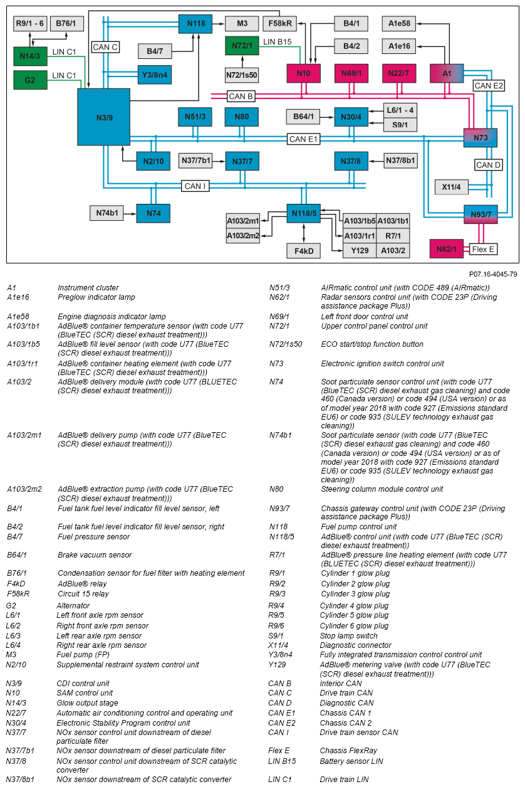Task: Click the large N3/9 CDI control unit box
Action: (103, 117)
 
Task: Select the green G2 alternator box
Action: (30, 80)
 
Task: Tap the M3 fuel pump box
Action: (242, 24)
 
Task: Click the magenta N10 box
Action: (304, 73)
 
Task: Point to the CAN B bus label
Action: (241, 97)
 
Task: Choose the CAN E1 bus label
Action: (304, 139)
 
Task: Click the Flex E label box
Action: (483, 249)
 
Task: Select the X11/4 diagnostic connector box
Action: (451, 187)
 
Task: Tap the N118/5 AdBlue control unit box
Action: (304, 214)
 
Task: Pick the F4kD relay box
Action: (304, 251)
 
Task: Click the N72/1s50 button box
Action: (242, 75)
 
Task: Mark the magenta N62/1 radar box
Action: (447, 249)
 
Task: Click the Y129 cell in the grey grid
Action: (360, 251)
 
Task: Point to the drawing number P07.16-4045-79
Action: (493, 274)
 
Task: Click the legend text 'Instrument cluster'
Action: (88, 288)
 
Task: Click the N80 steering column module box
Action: (242, 117)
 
